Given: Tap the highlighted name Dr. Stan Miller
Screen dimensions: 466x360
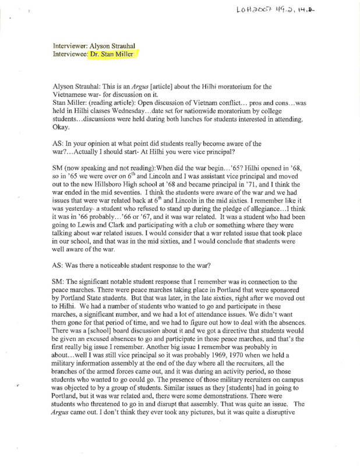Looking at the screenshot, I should click(x=115, y=55).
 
